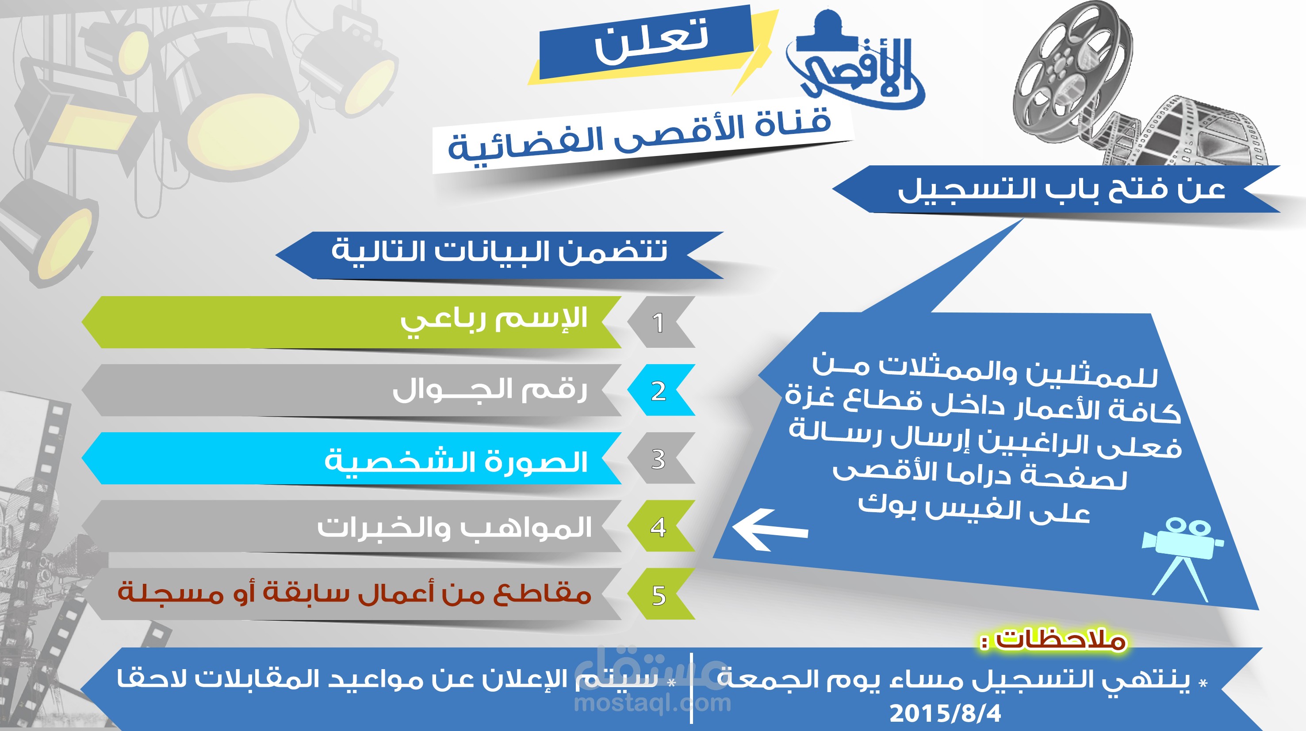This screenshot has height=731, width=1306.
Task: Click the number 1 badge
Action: click(x=659, y=323)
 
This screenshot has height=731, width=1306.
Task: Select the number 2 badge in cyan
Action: click(x=659, y=391)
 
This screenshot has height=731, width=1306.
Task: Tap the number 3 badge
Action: click(x=659, y=459)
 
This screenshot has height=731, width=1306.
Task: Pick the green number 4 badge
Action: click(x=659, y=527)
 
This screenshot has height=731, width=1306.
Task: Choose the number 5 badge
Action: click(x=659, y=595)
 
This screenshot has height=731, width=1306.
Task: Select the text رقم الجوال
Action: click(x=490, y=390)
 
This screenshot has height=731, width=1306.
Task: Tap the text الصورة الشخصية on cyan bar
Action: click(x=456, y=461)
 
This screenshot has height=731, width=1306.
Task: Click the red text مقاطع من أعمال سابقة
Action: click(x=355, y=593)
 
